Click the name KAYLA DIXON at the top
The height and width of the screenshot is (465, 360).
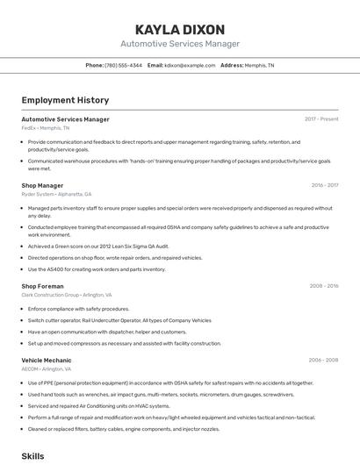coord(180,29)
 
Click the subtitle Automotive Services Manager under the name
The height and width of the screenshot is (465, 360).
coord(180,44)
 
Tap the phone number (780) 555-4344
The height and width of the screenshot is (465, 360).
coord(124,66)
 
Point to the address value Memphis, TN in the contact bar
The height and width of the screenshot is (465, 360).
coord(259,66)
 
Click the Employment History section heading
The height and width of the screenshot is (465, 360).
coord(65,101)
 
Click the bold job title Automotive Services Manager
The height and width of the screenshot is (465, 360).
coord(65,119)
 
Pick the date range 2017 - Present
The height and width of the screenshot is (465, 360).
coord(321,119)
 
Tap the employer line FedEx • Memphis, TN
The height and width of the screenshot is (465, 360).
coord(46,128)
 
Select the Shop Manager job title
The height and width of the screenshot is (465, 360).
coord(42,186)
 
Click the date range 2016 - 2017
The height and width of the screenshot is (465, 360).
coord(324,186)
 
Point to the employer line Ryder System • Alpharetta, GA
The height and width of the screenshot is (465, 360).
coord(56,195)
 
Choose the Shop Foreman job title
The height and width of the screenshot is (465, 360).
coord(42,286)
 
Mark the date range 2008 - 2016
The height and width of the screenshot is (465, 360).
coord(324,286)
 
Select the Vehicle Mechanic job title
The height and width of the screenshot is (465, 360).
coord(47,361)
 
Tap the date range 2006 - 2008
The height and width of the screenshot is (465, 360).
coord(324,361)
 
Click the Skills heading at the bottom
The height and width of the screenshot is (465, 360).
coord(32,456)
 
